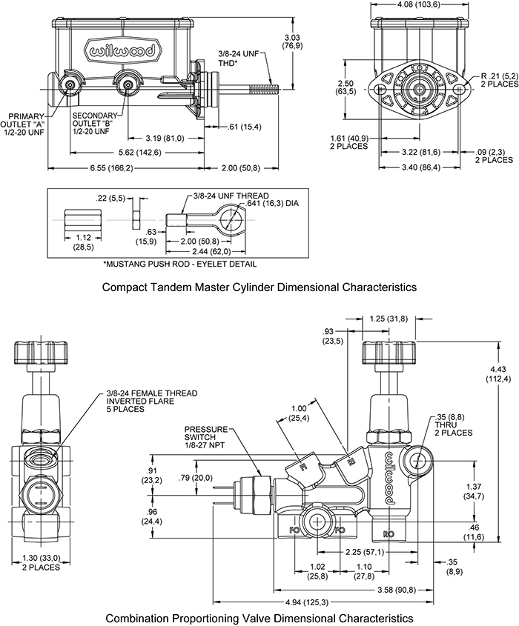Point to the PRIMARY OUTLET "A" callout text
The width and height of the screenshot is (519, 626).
[24, 123]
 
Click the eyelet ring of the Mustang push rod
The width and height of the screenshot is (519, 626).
[239, 219]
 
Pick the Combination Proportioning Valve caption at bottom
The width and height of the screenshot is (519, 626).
[259, 617]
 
